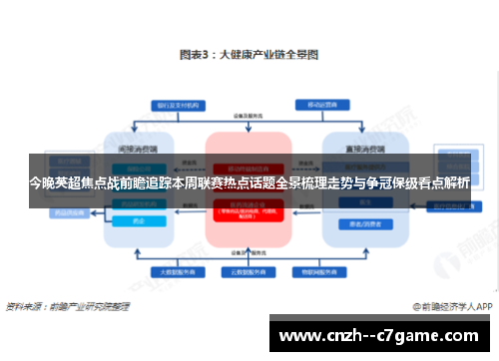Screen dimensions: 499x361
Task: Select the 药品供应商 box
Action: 69,212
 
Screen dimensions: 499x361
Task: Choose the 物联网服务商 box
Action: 325,270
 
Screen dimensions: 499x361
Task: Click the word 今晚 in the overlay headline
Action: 42,182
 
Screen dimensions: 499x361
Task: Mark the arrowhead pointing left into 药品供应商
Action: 97,212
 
